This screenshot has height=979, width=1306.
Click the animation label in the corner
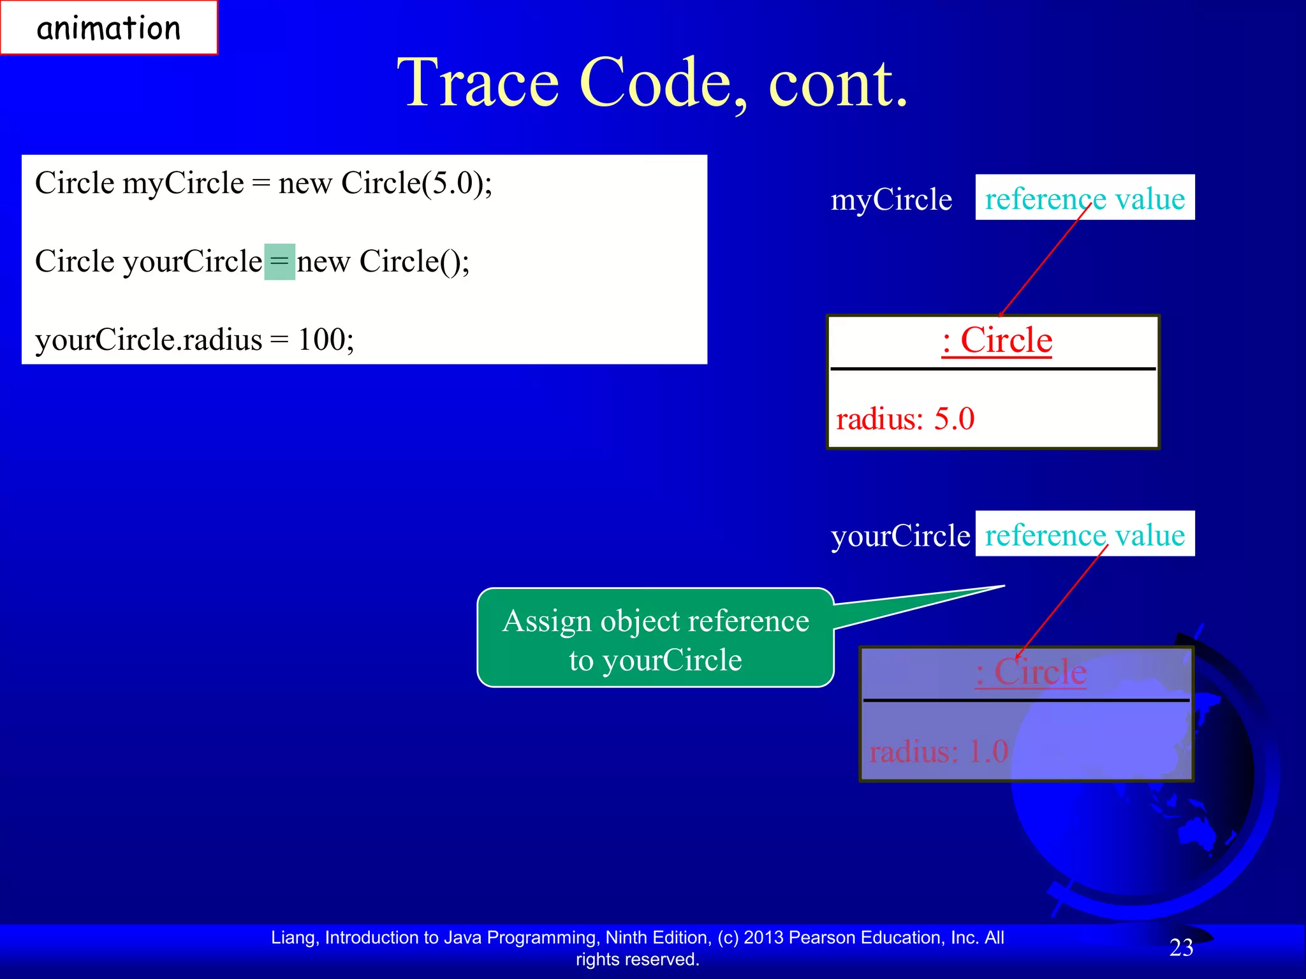(108, 28)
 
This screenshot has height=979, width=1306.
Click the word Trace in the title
(478, 83)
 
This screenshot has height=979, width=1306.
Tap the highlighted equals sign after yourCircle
(279, 262)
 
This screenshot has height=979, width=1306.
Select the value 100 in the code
(321, 339)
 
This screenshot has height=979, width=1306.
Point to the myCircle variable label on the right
(891, 200)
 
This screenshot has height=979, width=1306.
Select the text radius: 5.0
(905, 419)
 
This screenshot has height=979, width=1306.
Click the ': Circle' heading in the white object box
(996, 340)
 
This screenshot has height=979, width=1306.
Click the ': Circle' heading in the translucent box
(1031, 672)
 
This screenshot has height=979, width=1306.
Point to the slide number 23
(1181, 948)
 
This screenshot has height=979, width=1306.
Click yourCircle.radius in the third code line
(148, 340)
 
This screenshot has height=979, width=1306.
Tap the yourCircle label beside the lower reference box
(900, 535)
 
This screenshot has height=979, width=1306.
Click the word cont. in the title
(838, 83)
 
